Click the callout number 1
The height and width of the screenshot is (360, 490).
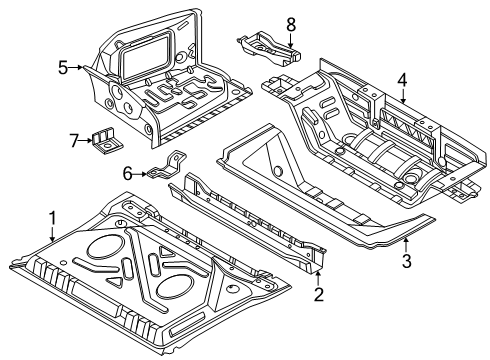tap(52, 218)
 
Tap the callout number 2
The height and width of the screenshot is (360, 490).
tap(319, 295)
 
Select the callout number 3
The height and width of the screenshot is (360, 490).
tap(406, 261)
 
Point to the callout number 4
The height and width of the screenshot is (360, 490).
tap(402, 81)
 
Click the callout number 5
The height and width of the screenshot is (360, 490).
tap(63, 68)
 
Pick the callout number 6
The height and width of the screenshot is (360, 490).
tap(127, 174)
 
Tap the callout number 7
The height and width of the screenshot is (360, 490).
tap(74, 140)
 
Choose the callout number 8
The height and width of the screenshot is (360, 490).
tap(291, 24)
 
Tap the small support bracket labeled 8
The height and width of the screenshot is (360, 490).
tap(269, 49)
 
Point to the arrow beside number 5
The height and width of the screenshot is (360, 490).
tap(76, 68)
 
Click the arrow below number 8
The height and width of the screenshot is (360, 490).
tap(291, 41)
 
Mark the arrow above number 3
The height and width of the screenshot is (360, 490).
tap(406, 245)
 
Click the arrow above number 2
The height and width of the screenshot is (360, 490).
tap(318, 279)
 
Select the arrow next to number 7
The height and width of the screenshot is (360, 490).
tap(86, 140)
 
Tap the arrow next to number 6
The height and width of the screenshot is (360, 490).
tap(140, 174)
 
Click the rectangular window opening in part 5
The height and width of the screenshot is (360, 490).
tap(147, 55)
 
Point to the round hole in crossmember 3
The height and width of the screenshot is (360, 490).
tap(277, 171)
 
